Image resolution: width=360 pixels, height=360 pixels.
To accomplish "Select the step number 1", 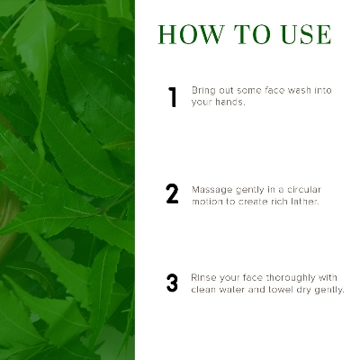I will click(x=172, y=97).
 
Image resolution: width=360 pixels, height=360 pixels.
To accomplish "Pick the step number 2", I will click(x=172, y=194).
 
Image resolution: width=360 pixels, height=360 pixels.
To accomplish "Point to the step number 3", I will click(x=172, y=283).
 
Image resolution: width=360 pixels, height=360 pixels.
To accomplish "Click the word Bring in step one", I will click(x=203, y=91).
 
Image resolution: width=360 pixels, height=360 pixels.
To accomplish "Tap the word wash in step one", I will click(x=302, y=91).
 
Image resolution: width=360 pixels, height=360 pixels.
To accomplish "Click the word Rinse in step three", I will click(x=204, y=278).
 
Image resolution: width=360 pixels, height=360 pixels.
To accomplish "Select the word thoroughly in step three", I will click(x=291, y=278).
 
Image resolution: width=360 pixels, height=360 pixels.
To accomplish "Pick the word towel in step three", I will click(x=278, y=290).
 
